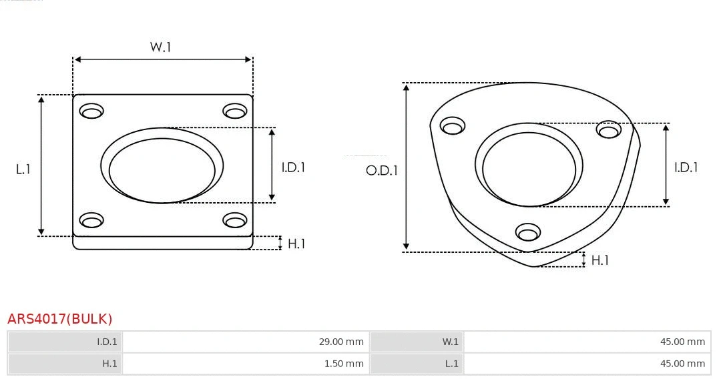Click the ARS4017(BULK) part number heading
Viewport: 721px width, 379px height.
(x=60, y=319)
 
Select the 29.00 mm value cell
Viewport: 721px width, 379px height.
(x=340, y=342)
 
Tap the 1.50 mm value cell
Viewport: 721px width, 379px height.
(x=344, y=364)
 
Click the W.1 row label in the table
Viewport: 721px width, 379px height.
(x=451, y=342)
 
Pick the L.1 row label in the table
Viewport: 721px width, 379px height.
(x=452, y=364)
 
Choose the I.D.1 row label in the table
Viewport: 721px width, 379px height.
(x=107, y=342)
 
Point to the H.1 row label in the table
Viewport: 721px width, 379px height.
(x=109, y=364)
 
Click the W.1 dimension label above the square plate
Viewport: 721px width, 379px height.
(x=160, y=47)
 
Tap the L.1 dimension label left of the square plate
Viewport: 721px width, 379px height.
(x=23, y=169)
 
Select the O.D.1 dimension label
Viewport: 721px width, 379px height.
(x=382, y=170)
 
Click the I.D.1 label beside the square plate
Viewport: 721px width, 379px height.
(x=293, y=167)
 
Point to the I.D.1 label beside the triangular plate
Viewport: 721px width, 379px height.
(x=686, y=167)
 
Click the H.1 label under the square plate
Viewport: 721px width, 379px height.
(x=296, y=244)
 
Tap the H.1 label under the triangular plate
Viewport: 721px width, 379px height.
(x=600, y=260)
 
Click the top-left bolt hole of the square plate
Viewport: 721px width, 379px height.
(x=91, y=111)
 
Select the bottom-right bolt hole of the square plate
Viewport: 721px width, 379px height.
(x=235, y=220)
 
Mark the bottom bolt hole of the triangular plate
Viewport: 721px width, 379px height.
(x=528, y=232)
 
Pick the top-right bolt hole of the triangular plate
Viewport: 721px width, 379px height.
(x=609, y=129)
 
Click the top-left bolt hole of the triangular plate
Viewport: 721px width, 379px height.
(x=453, y=126)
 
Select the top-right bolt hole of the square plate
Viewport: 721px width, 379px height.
(x=235, y=111)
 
